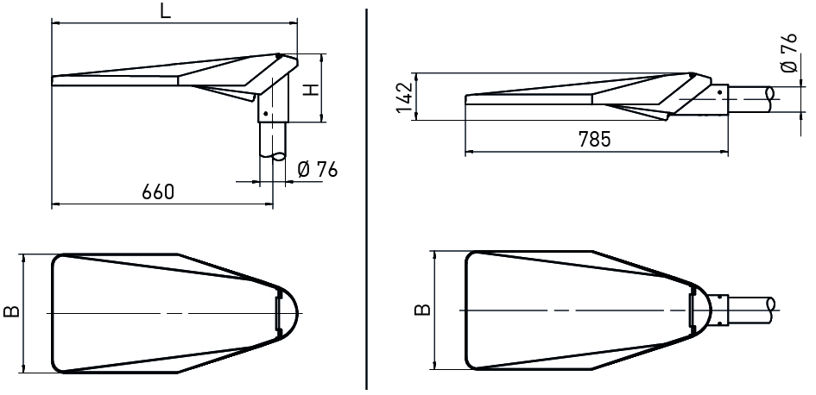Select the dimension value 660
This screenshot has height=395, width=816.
click(x=158, y=192)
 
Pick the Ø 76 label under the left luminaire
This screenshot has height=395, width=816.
click(x=316, y=169)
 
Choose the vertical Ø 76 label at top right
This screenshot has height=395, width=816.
click(x=788, y=55)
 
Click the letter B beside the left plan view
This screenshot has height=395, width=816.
click(x=10, y=311)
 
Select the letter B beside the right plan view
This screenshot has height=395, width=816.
click(x=421, y=308)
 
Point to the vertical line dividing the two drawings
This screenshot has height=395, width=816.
click(x=368, y=197)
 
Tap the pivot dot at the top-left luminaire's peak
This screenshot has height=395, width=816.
click(x=277, y=56)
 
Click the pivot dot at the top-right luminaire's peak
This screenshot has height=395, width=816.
click(x=691, y=75)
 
